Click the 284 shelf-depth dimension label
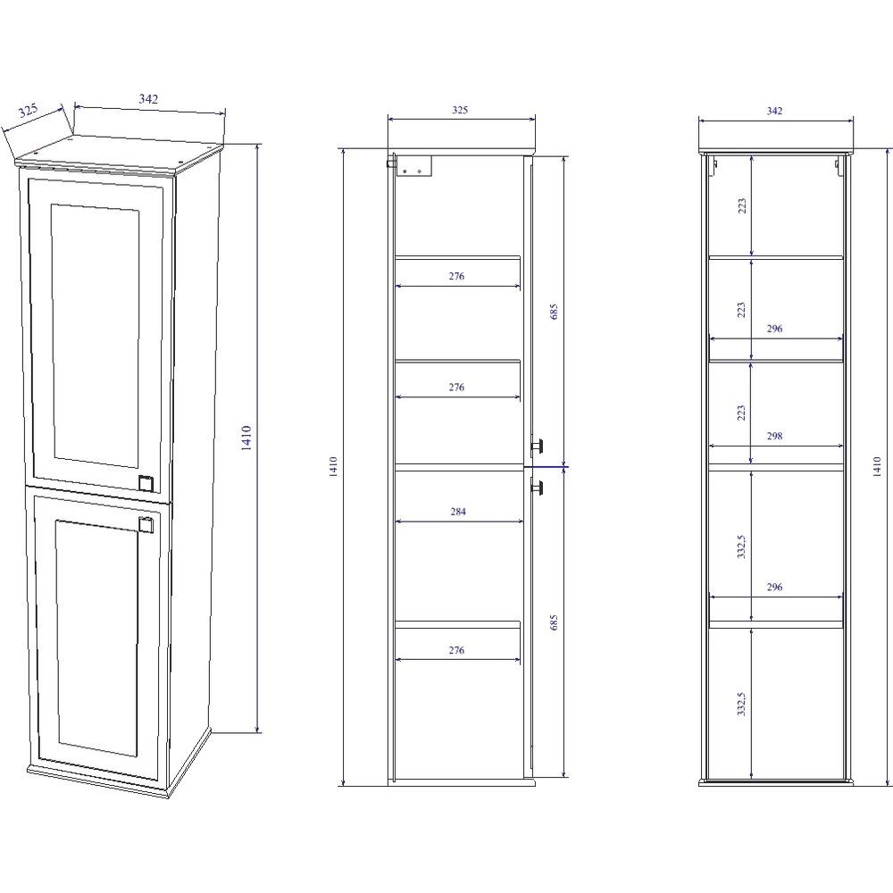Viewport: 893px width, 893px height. (x=458, y=512)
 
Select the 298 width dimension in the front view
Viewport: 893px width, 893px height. (x=774, y=436)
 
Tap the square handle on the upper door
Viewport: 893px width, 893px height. (x=146, y=482)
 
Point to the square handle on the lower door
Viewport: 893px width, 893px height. (x=146, y=524)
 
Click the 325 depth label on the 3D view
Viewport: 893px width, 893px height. (x=28, y=110)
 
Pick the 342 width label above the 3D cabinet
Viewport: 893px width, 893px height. (x=148, y=98)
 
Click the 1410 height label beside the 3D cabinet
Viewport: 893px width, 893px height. (x=246, y=438)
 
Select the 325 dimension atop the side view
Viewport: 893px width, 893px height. (x=460, y=110)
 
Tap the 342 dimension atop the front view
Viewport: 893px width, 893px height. (x=774, y=111)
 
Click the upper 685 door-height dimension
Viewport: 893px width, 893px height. (x=555, y=312)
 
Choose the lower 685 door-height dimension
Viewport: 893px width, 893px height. (x=555, y=622)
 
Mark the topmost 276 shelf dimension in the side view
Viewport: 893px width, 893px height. (x=456, y=276)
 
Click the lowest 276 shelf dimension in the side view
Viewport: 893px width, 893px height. (x=456, y=650)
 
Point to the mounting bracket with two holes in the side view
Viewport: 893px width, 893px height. (x=414, y=166)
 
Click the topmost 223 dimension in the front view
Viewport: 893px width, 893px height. (x=741, y=205)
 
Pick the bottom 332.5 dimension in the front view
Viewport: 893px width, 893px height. (x=741, y=704)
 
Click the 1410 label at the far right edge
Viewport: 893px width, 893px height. (x=878, y=466)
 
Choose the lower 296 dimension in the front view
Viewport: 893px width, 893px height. (x=774, y=587)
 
